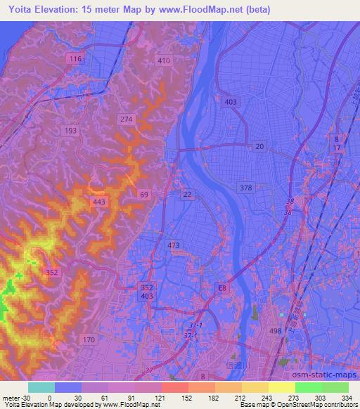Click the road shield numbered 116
point(76,59)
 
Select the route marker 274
point(127,119)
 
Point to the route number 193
point(70,131)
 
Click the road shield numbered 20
point(260,145)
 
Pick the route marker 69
point(144,194)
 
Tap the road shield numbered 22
point(187,194)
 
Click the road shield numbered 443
point(99,202)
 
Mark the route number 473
point(174,245)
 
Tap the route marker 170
point(89,340)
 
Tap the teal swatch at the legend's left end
point(41,387)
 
